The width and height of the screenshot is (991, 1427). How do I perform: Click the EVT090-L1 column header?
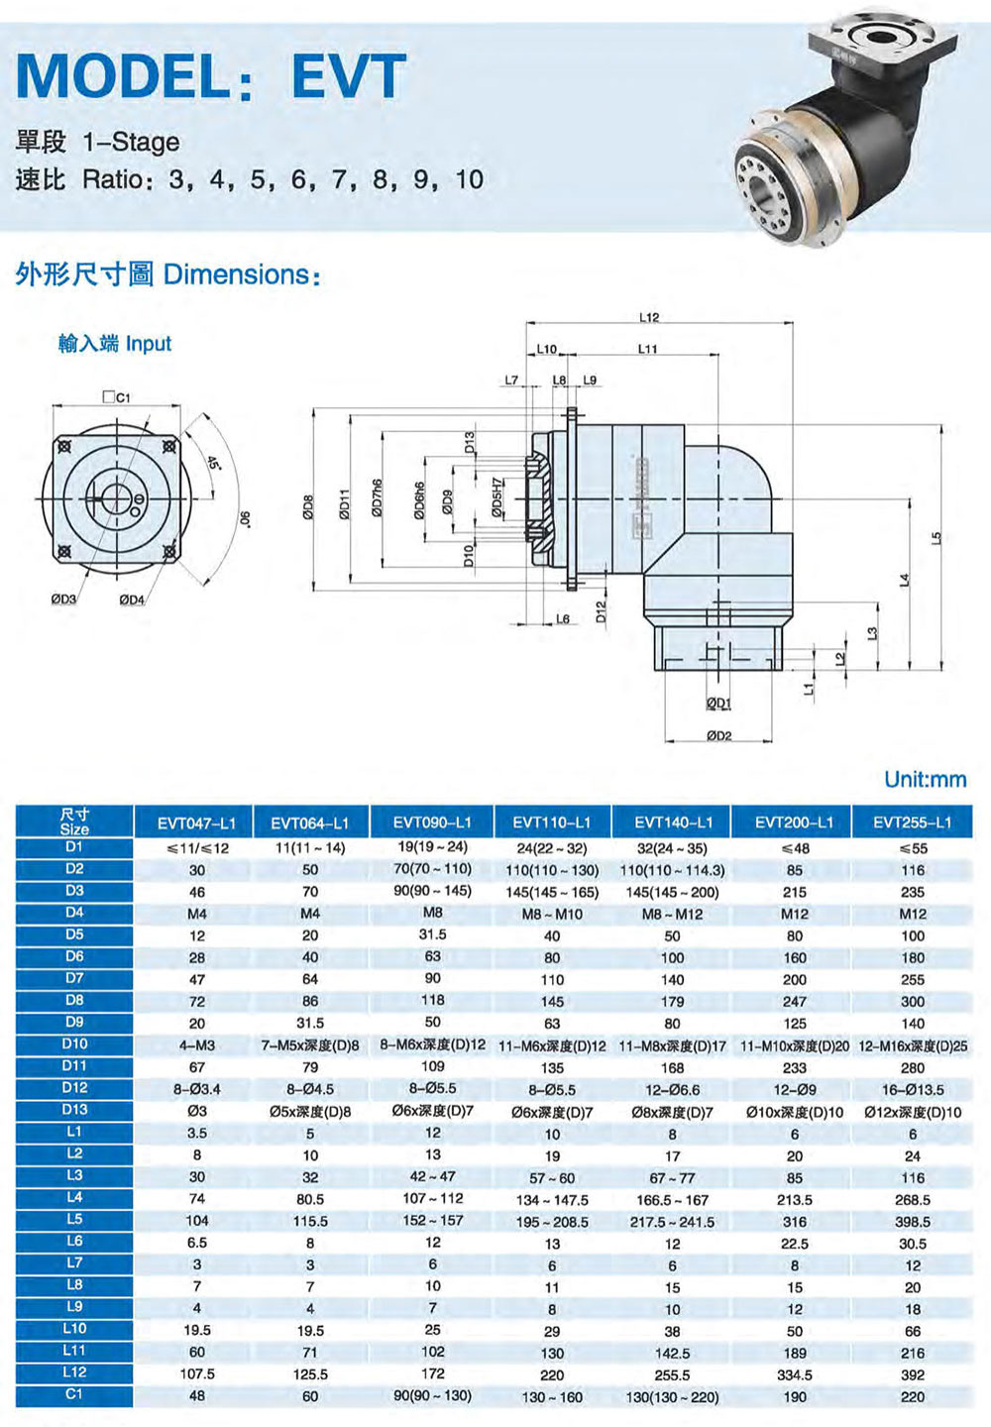(x=432, y=823)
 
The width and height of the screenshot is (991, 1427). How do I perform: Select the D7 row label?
(x=74, y=978)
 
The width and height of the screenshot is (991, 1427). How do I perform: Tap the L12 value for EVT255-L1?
(x=913, y=1374)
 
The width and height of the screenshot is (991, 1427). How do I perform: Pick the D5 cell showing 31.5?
(x=432, y=934)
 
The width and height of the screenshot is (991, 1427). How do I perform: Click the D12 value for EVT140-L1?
(x=672, y=1090)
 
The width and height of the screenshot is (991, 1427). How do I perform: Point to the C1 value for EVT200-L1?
(x=794, y=1397)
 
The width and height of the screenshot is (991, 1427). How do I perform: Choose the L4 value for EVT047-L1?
(x=197, y=1199)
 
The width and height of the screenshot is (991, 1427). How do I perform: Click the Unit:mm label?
(x=926, y=779)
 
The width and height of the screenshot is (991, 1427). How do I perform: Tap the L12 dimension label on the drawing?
(x=649, y=317)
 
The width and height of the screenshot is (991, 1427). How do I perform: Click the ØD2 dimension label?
(x=719, y=735)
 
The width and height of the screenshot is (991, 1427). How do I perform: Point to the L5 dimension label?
(x=935, y=538)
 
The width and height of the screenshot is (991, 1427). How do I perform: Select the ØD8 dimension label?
(x=307, y=507)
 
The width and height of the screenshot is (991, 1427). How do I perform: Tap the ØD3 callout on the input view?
(x=63, y=599)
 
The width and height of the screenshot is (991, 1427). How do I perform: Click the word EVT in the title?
(x=349, y=75)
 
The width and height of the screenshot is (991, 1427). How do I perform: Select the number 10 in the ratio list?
(x=470, y=179)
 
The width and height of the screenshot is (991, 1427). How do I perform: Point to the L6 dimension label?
(x=562, y=618)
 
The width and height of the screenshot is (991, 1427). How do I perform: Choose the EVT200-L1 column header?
(x=794, y=823)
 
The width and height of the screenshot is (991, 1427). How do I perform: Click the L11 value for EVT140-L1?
(x=672, y=1353)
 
